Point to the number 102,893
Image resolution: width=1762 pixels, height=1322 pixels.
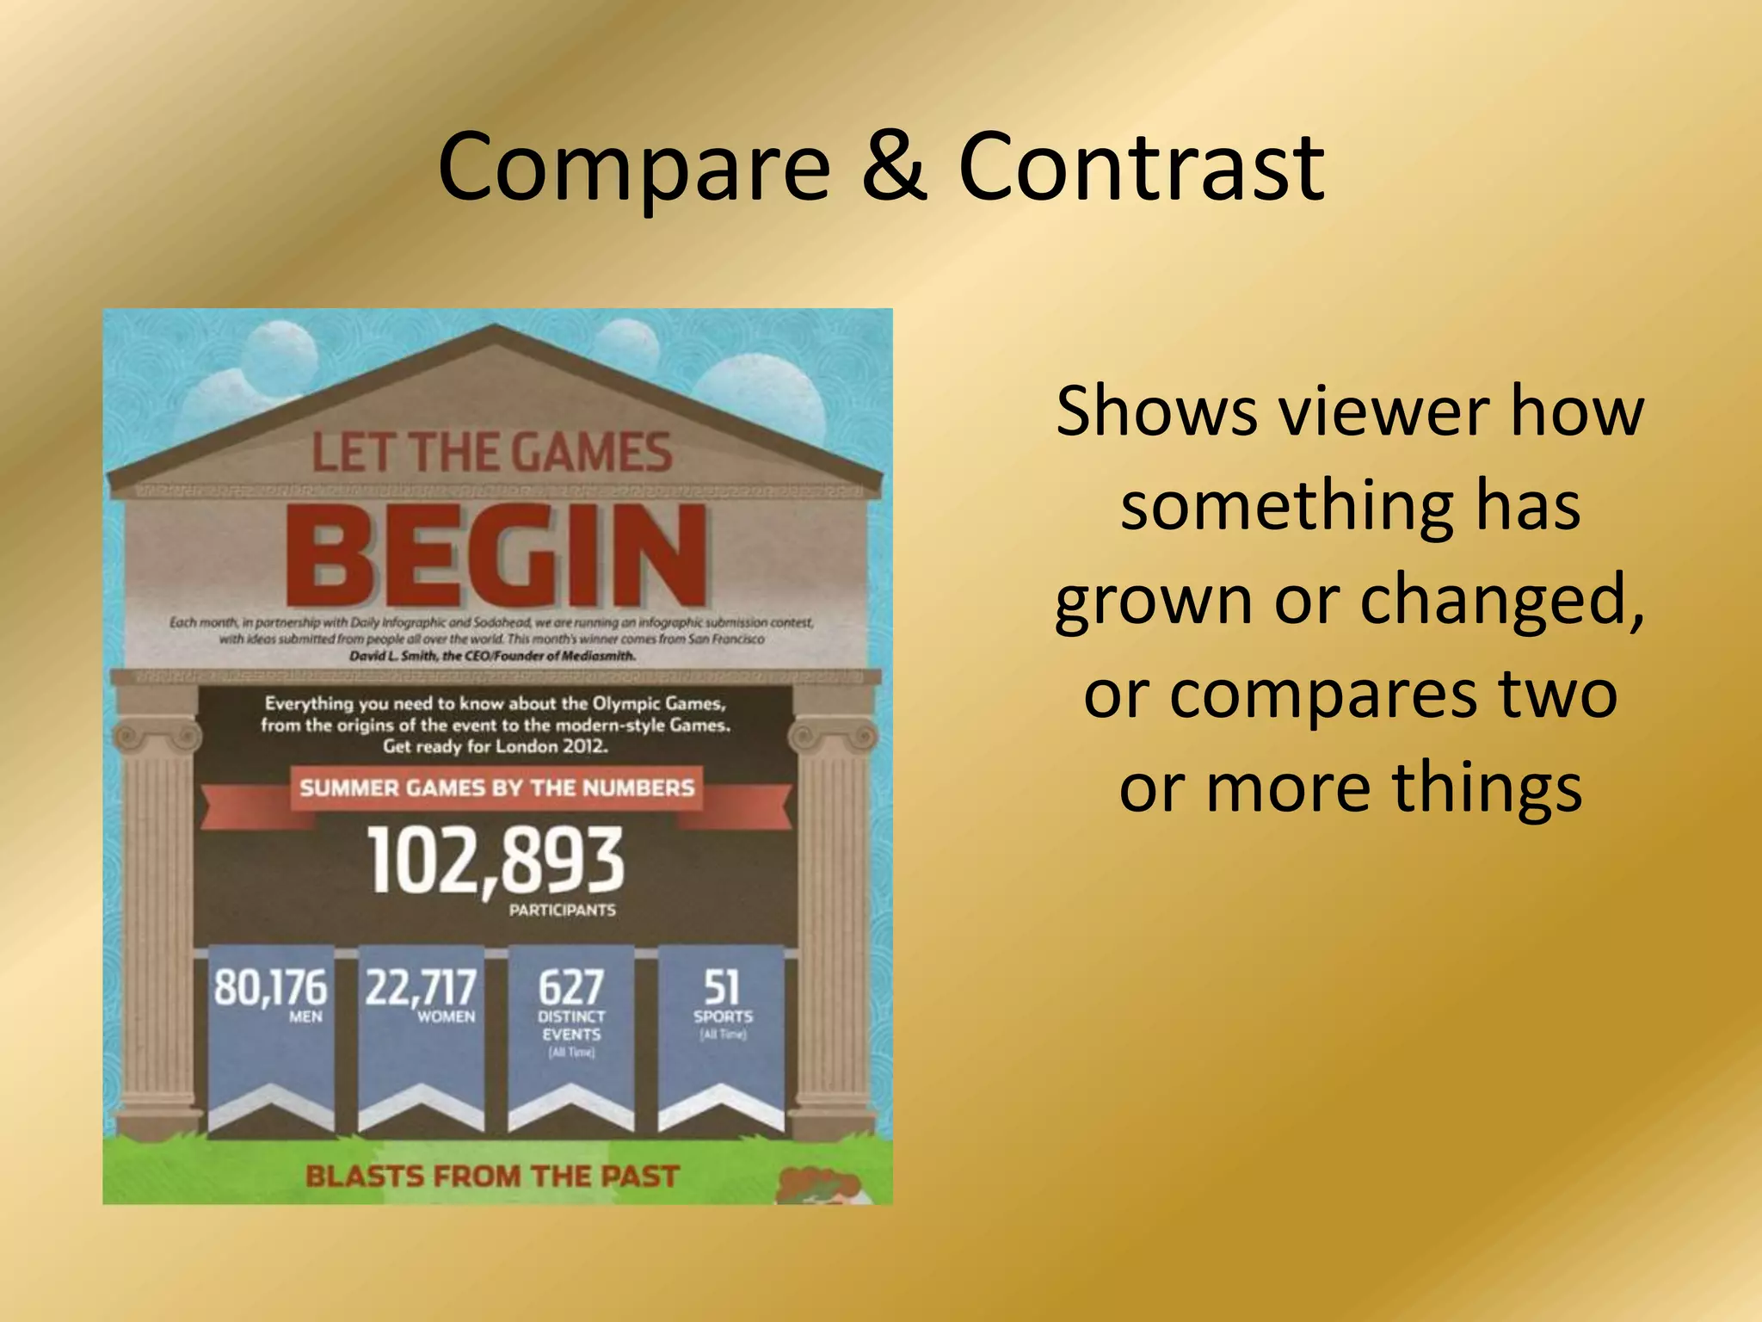coord(496,860)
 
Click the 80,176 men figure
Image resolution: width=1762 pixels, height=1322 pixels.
coord(270,987)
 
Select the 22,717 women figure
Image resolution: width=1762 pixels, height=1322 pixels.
coord(421,987)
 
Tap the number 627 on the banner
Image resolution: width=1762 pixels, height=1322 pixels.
coord(570,987)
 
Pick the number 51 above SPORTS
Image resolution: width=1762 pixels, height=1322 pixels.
coord(721,987)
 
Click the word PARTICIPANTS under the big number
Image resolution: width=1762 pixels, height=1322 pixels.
coord(563,911)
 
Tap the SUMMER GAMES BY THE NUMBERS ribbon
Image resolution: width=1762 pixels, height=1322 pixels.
coord(496,788)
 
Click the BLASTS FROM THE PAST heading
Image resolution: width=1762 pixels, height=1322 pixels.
coord(492,1177)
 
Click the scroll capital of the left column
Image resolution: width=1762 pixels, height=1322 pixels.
coord(157,736)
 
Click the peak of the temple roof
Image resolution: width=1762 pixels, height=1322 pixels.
coord(495,330)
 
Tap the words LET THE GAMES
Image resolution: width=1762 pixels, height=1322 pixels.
coord(491,454)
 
